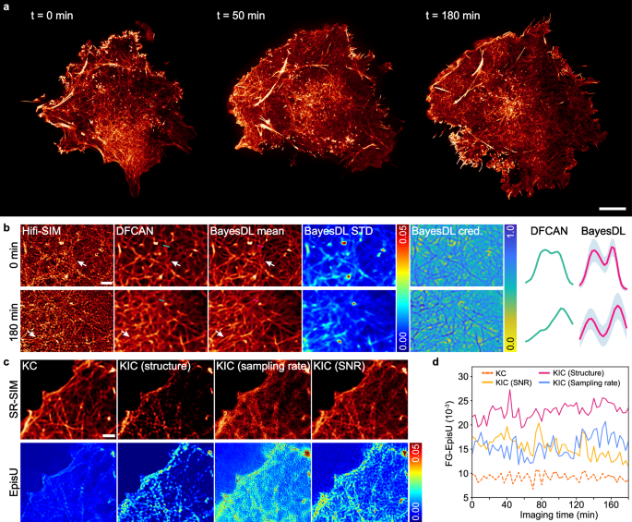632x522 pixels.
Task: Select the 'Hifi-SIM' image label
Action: coord(44,230)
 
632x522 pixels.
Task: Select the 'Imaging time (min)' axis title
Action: coord(550,517)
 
